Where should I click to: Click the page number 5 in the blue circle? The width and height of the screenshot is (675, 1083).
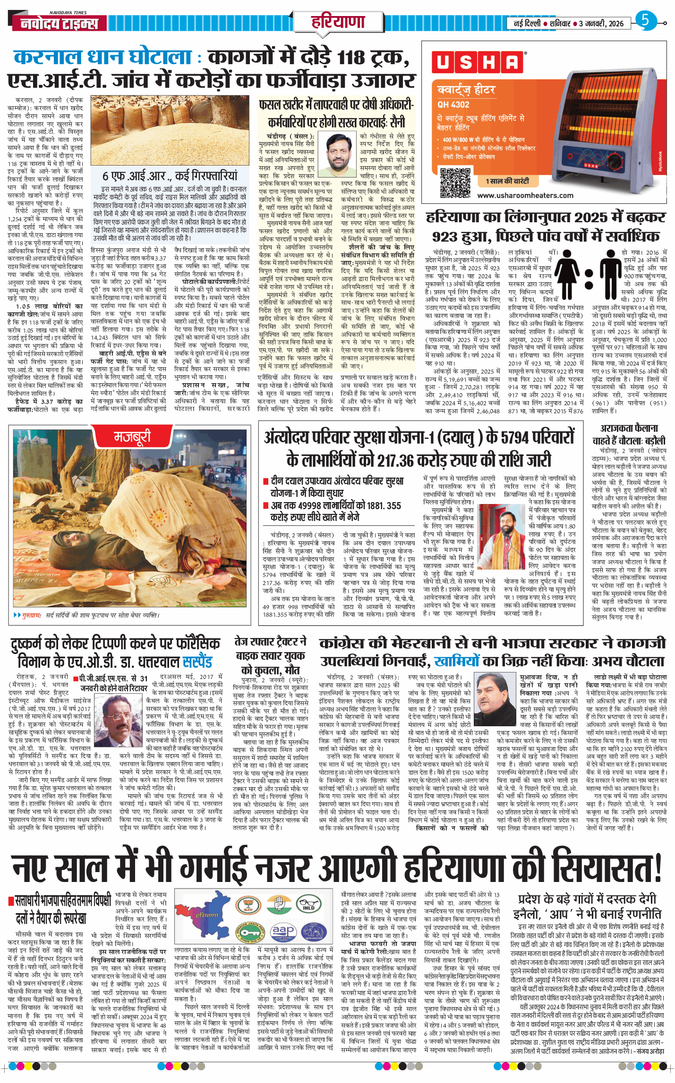[x=645, y=20]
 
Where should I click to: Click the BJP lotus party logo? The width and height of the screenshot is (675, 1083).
[x=248, y=905]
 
